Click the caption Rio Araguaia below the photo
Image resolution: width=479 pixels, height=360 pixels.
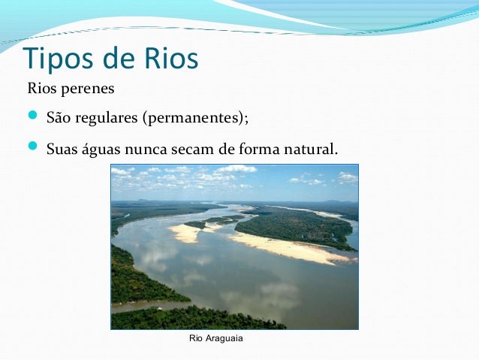pyautogui.click(x=216, y=340)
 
